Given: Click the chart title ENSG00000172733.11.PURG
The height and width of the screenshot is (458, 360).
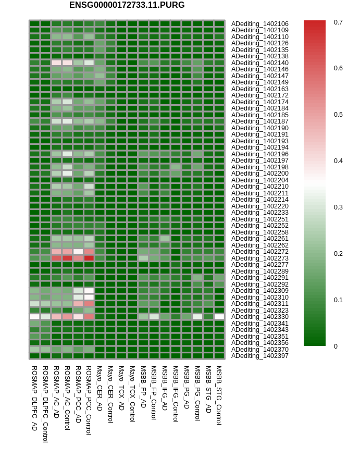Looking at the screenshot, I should [127, 5].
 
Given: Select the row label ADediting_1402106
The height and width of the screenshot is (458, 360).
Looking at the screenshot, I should [259, 24].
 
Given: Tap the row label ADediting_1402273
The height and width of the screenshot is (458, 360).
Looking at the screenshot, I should [259, 258].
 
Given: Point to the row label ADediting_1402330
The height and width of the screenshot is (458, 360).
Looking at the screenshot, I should [259, 317].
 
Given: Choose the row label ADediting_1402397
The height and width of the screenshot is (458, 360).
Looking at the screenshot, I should [259, 356].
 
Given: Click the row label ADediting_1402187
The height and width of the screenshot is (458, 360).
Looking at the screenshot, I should [259, 121].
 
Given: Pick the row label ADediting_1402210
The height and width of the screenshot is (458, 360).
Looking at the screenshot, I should [259, 187].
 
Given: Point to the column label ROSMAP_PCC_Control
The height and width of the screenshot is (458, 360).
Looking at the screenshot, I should [89, 400].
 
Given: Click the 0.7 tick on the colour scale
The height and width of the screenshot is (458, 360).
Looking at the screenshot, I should [338, 22].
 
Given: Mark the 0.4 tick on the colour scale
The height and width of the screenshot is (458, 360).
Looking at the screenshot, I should [338, 161].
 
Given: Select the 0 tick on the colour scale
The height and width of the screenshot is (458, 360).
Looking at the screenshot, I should [336, 346].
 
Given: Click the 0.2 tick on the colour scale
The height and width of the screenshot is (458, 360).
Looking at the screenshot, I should [338, 253].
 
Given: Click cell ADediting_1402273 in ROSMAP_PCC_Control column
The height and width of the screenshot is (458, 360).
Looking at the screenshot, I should [89, 258].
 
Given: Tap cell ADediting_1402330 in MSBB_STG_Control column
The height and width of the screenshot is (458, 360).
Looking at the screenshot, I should [219, 317].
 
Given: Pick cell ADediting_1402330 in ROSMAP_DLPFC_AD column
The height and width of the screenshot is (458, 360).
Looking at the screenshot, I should [34, 317].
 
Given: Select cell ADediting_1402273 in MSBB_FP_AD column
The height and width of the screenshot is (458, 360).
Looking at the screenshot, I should [143, 258].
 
